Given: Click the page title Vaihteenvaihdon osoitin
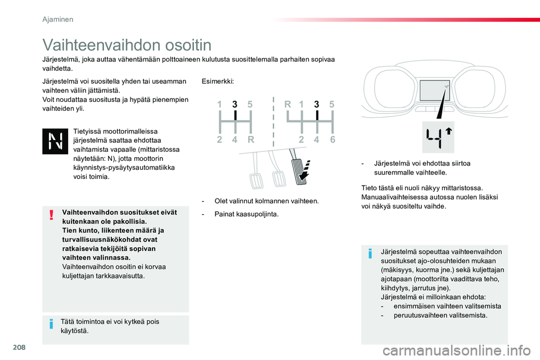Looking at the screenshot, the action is pos(127,45).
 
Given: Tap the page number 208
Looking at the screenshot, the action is pos(19,347).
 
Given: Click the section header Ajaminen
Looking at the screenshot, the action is pos(58,19).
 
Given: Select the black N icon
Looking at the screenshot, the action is pos(55,141).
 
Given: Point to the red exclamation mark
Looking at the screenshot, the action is pos(52,215).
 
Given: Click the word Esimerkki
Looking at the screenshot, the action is pos(218,82).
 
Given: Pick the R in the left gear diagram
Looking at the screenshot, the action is pos(251,139).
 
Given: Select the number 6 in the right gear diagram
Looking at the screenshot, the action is pos(332,139).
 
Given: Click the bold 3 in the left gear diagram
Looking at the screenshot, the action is pos(235,104).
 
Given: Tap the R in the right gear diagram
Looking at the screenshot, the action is pos(287,104).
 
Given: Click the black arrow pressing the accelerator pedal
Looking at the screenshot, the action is pos(304,171).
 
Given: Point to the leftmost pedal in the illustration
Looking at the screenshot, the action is pos(255,172).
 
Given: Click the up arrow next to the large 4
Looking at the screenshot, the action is pos(448,131).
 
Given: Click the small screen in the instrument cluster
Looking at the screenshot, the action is pos(435,90).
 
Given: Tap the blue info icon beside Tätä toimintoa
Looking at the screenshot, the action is pos(51,324).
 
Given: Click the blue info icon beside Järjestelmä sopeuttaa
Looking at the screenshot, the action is pos(370,254).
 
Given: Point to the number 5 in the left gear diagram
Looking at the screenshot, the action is pos(250,104).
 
